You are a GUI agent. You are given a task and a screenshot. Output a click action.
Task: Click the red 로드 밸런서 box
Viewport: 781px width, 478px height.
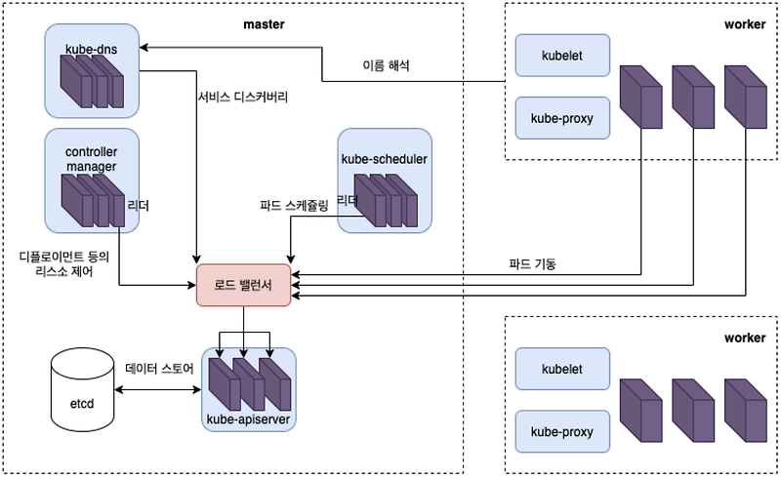tap(244, 286)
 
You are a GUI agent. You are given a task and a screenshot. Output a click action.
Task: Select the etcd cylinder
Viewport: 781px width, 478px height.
tap(81, 386)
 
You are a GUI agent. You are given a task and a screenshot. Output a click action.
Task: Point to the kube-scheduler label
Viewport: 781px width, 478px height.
tap(385, 158)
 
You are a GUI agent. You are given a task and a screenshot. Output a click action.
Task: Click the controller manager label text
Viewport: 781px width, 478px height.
tap(91, 159)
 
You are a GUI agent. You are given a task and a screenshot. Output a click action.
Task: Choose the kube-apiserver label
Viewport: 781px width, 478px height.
tap(248, 419)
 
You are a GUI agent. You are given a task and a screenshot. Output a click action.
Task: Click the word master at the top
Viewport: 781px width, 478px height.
tap(263, 24)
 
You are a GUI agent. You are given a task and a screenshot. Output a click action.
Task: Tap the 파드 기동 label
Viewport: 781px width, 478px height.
tap(532, 264)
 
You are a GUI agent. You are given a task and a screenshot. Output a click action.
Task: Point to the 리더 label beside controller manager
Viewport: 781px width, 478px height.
tap(138, 207)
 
